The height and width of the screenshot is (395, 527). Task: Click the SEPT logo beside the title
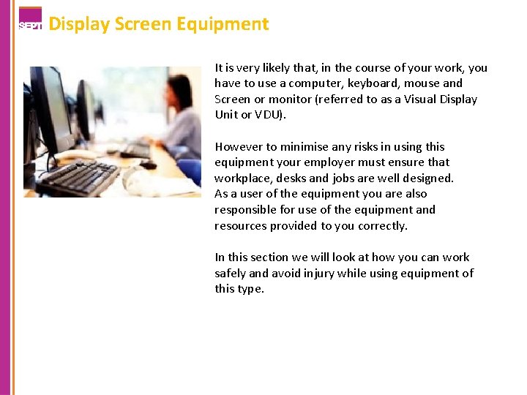[x=30, y=20]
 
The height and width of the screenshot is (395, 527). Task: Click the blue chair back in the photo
[x=189, y=172]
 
